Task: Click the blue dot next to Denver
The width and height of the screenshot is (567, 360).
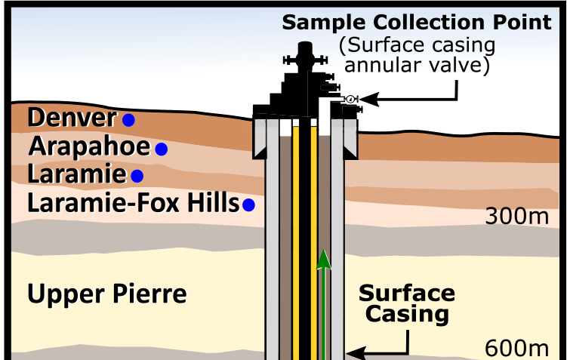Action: [x=129, y=119]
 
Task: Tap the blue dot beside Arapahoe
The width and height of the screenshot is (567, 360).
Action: [x=161, y=149]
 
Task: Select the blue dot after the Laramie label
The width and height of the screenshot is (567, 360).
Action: [x=137, y=176]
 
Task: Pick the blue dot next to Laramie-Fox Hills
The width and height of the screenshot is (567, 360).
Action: [x=248, y=204]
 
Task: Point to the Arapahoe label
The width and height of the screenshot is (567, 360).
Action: [x=88, y=146]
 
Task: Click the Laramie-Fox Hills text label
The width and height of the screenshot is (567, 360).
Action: [x=132, y=203]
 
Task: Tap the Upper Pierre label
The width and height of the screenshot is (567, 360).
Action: [x=106, y=294]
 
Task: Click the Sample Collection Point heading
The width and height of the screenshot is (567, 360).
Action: [x=417, y=22]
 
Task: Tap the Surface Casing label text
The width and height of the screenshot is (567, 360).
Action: [x=407, y=303]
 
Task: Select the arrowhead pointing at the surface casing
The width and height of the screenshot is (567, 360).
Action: [x=351, y=352]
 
